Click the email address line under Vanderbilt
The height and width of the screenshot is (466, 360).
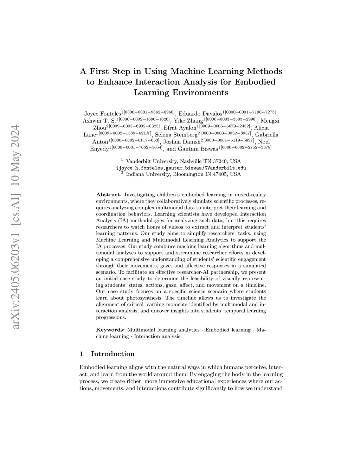pos(181,168)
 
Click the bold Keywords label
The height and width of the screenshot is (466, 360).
pos(110,330)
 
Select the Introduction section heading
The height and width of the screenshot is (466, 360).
pos(112,354)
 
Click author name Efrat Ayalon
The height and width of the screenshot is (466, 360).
pos(180,128)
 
